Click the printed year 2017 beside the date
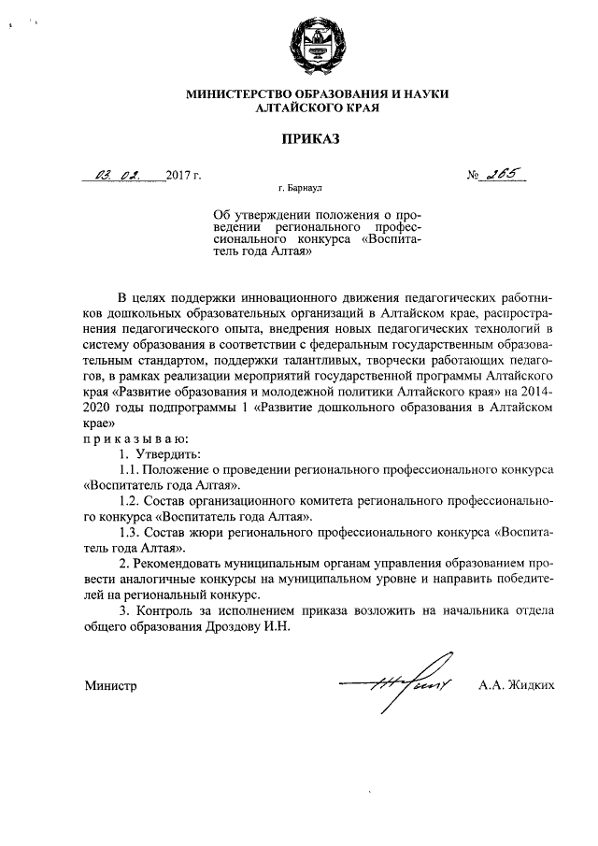(178, 175)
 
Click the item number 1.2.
(133, 501)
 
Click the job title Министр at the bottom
(111, 685)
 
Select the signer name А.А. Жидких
(516, 685)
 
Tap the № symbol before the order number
(475, 175)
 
